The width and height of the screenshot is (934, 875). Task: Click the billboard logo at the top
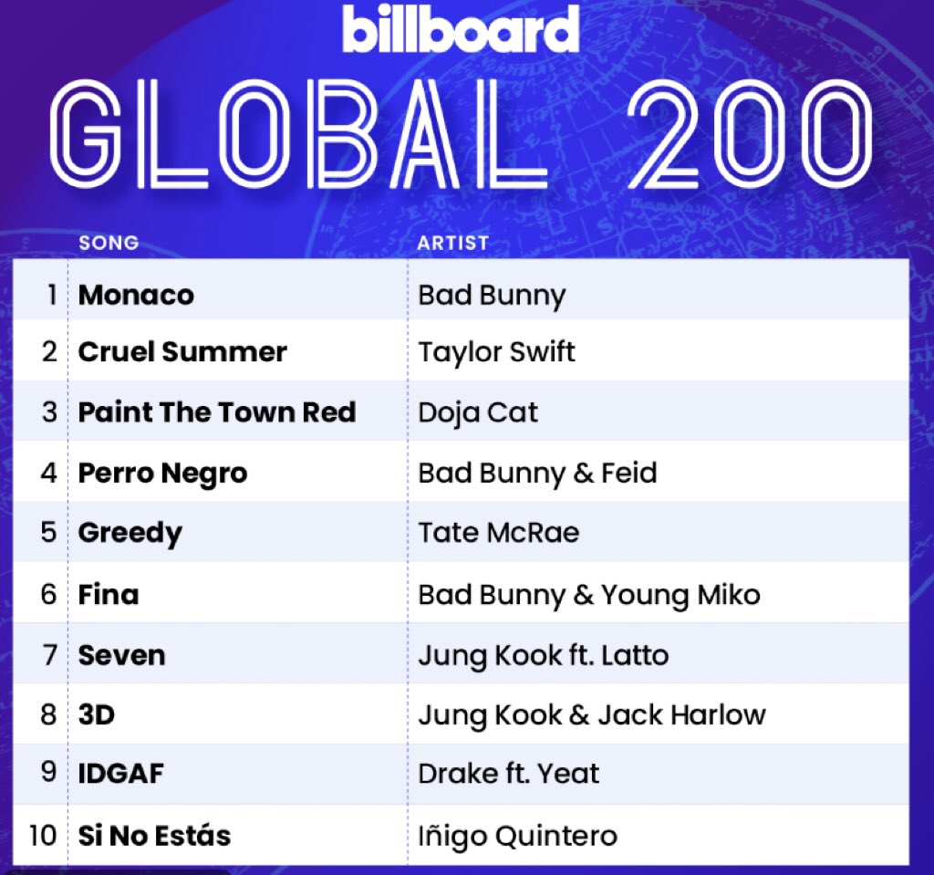pyautogui.click(x=461, y=28)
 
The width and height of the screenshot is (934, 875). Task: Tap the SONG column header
pyautogui.click(x=109, y=243)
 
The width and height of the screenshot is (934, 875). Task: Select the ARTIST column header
pyautogui.click(x=452, y=243)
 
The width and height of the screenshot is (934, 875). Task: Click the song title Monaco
pyautogui.click(x=137, y=295)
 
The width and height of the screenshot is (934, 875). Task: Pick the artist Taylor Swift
pyautogui.click(x=497, y=352)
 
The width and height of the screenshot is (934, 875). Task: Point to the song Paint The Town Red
pyautogui.click(x=217, y=412)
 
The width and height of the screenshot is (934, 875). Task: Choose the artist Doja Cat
pyautogui.click(x=478, y=413)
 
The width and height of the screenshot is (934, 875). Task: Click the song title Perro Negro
pyautogui.click(x=162, y=474)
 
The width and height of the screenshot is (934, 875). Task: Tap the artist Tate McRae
pyautogui.click(x=499, y=532)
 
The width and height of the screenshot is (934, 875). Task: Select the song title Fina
pyautogui.click(x=109, y=595)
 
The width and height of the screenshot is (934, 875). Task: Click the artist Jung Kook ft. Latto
pyautogui.click(x=544, y=656)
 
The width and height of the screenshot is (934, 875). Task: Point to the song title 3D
pyautogui.click(x=97, y=714)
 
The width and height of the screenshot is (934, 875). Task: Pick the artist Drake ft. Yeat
pyautogui.click(x=509, y=774)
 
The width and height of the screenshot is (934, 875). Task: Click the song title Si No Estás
pyautogui.click(x=154, y=835)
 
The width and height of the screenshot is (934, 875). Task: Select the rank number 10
pyautogui.click(x=43, y=835)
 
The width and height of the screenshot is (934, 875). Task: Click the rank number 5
pyautogui.click(x=49, y=532)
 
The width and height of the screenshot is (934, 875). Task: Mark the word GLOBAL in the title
pyautogui.click(x=298, y=133)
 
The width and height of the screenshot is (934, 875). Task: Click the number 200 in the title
pyautogui.click(x=751, y=133)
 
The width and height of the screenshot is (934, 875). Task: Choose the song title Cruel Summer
pyautogui.click(x=182, y=351)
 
